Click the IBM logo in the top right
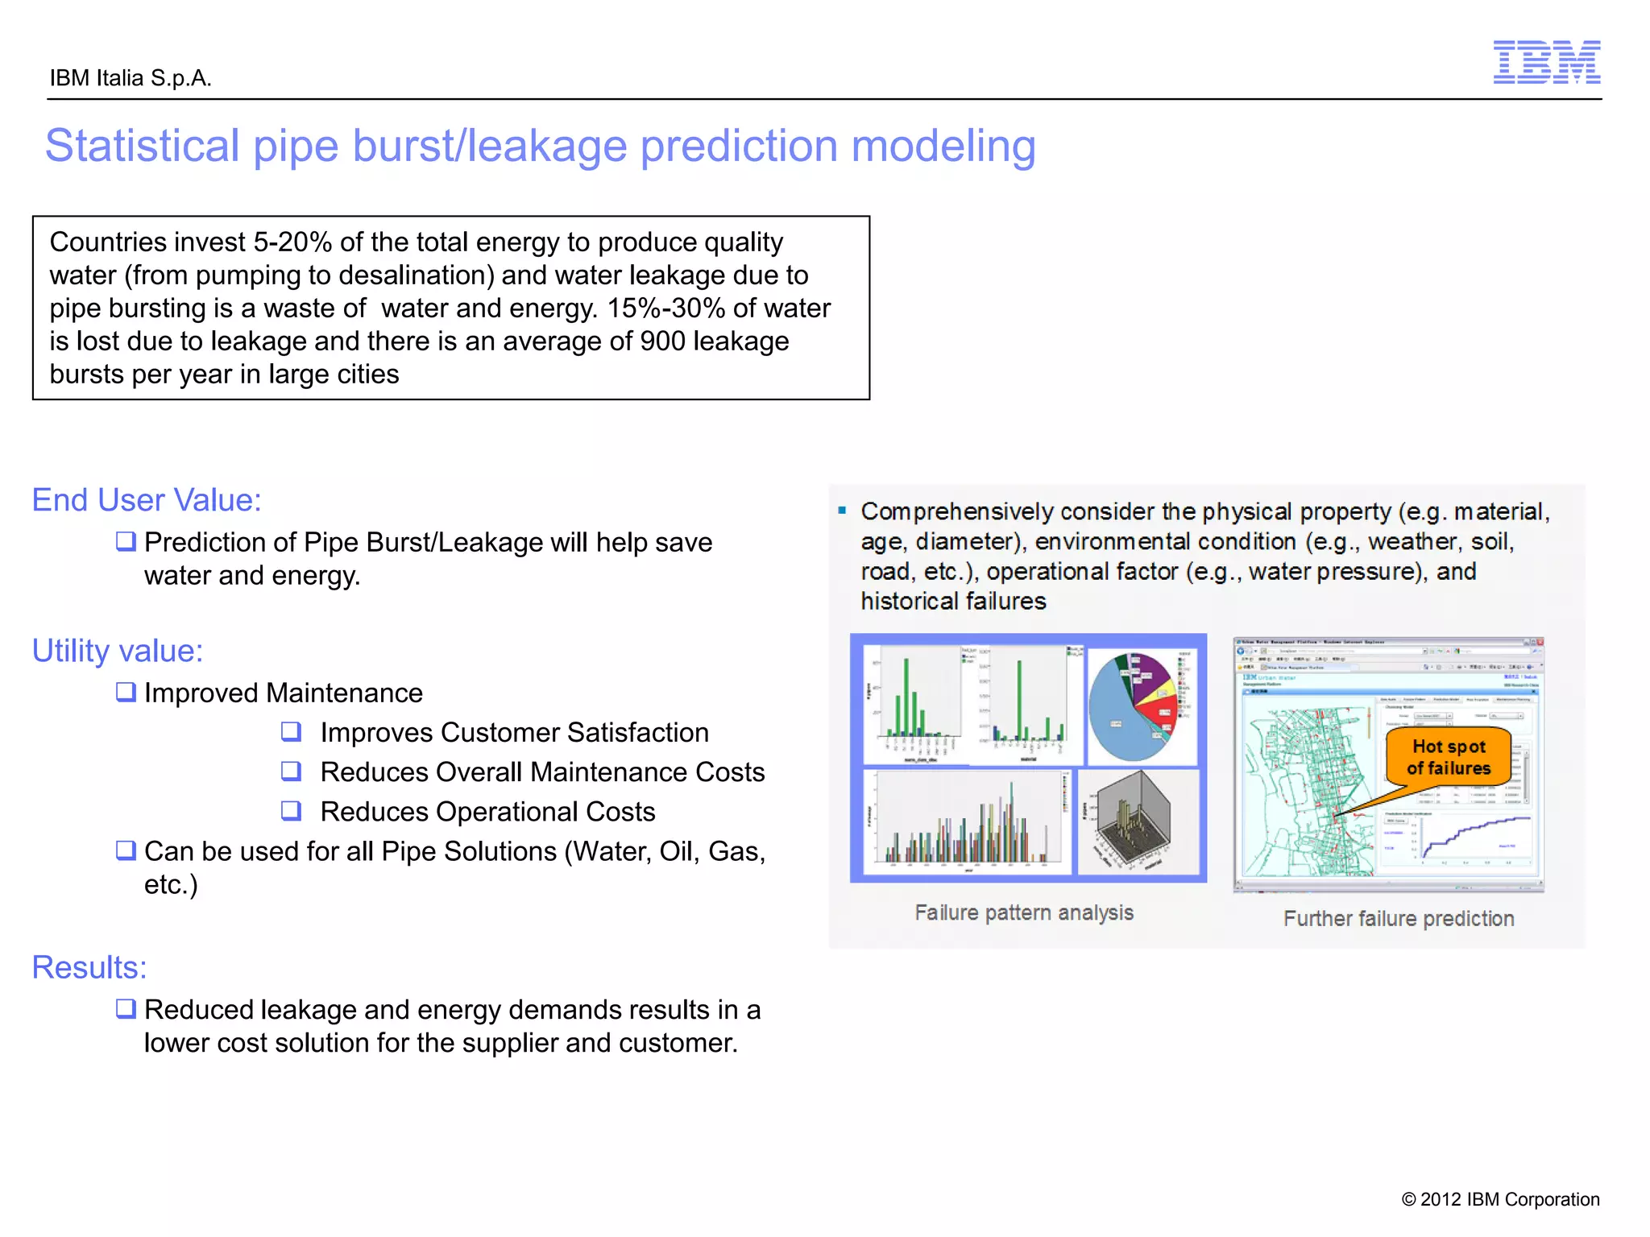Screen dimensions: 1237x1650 pos(1546,62)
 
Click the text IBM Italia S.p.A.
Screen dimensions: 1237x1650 pos(131,78)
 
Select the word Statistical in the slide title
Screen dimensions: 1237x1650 pos(142,147)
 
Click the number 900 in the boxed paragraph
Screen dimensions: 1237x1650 pos(662,341)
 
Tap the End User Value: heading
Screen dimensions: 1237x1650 pos(147,500)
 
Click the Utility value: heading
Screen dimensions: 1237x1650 pos(118,651)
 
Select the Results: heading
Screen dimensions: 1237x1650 pos(89,967)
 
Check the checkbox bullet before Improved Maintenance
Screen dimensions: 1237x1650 pos(126,692)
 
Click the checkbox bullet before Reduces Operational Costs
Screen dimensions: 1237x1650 pos(291,810)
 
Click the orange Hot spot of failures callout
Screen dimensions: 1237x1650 pos(1448,757)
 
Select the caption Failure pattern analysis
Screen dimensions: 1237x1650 pos(1023,912)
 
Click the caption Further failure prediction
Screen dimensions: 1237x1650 pos(1398,919)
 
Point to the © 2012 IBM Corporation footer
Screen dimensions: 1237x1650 pos(1500,1199)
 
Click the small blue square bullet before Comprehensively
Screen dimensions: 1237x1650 pos(842,510)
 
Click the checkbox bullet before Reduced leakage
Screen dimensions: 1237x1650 pos(126,1008)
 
